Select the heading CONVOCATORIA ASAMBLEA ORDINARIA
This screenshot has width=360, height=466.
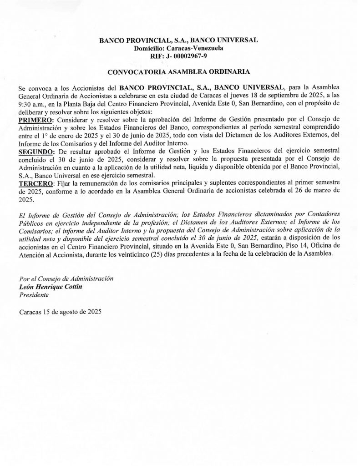pyautogui.click(x=178, y=72)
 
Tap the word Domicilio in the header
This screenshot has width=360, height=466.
pyautogui.click(x=149, y=48)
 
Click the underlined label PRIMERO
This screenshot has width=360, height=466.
pyautogui.click(x=35, y=119)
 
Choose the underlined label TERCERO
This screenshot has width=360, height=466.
pyautogui.click(x=35, y=183)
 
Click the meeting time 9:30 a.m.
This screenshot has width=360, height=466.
pyautogui.click(x=33, y=104)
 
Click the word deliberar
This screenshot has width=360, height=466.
pyautogui.click(x=33, y=112)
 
